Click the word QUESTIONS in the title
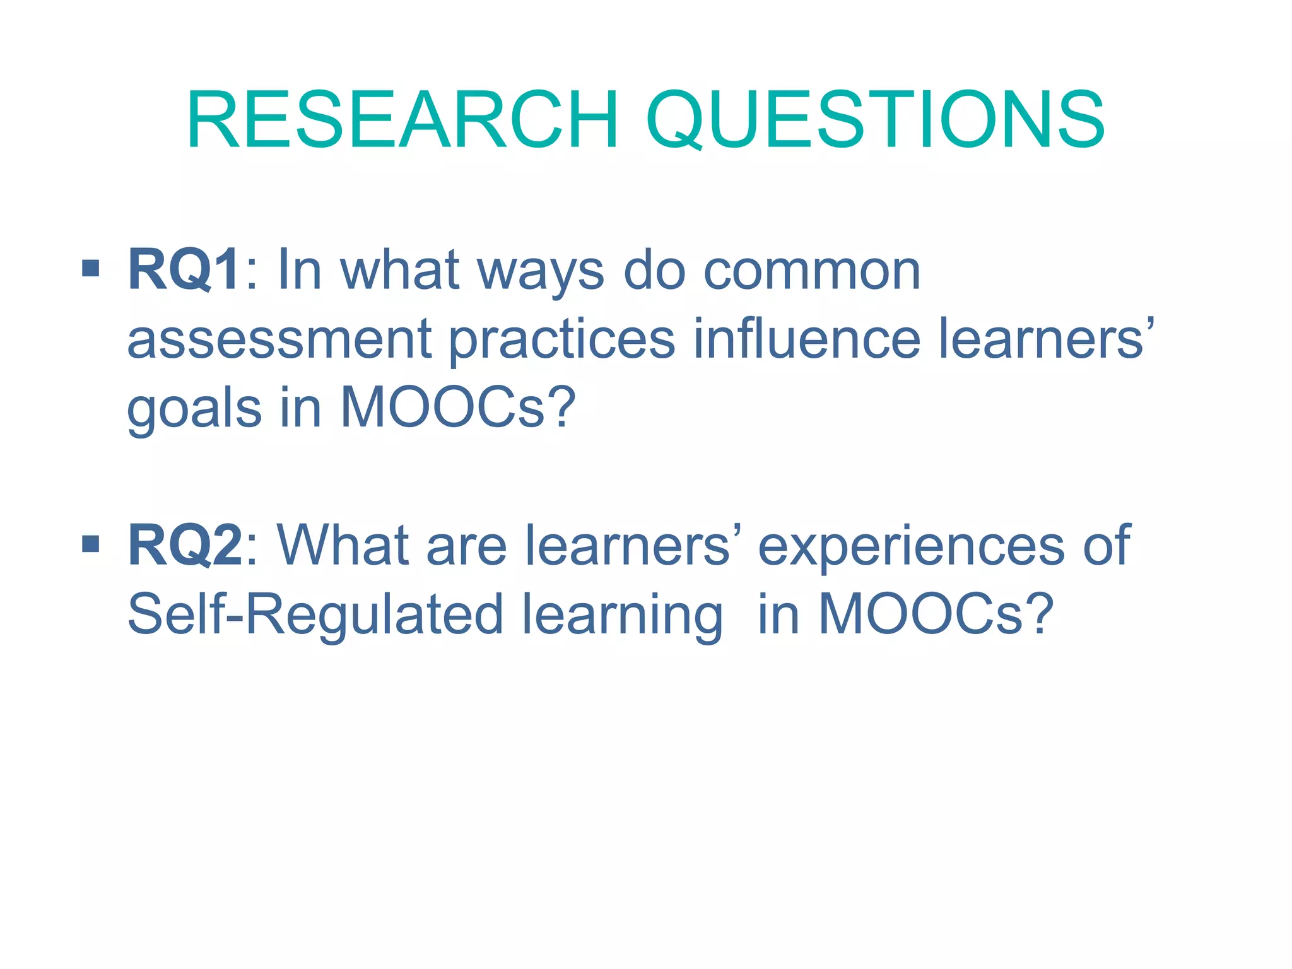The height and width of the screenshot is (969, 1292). pyautogui.click(x=874, y=120)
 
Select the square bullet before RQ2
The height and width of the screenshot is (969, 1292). pyautogui.click(x=91, y=544)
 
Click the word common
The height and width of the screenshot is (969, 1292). pyautogui.click(x=812, y=271)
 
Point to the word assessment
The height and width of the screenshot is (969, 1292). pyautogui.click(x=279, y=339)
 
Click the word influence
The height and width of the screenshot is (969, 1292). pyautogui.click(x=807, y=339)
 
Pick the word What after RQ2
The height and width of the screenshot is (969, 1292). pyautogui.click(x=343, y=545)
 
